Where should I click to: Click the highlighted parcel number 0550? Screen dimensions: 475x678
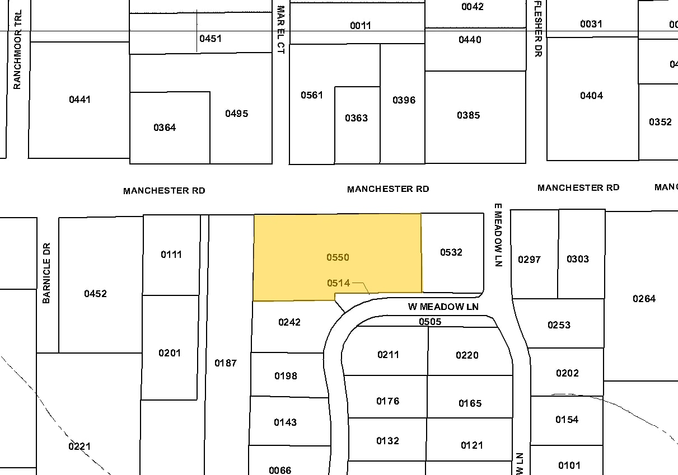click(338, 257)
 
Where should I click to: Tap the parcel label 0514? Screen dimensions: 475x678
click(338, 283)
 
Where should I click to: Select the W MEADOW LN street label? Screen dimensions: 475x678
click(443, 307)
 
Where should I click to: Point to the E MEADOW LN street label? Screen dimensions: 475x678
click(498, 234)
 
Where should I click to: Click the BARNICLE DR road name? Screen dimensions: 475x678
click(46, 273)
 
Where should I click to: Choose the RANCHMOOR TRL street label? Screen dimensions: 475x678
click(17, 49)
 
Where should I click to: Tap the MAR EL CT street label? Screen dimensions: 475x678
click(281, 29)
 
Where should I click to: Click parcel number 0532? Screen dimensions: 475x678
click(451, 252)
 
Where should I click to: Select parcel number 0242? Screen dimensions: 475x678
click(289, 322)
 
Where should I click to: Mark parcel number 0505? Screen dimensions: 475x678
click(430, 322)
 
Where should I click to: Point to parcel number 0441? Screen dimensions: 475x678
click(80, 100)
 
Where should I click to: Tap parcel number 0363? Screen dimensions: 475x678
click(356, 118)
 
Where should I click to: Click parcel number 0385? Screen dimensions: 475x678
click(468, 115)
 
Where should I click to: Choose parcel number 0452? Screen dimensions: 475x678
click(95, 294)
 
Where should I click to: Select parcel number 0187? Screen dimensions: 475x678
click(226, 363)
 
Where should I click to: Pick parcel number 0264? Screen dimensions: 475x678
click(644, 299)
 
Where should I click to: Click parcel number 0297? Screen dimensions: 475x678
click(529, 259)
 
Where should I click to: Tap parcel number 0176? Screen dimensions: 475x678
click(387, 401)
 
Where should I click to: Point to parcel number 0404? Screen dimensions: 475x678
click(591, 96)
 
